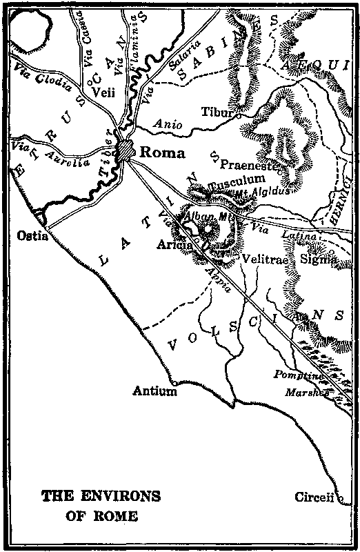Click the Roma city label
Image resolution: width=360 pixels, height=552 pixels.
click(x=162, y=153)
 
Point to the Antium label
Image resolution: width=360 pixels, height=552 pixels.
click(x=155, y=391)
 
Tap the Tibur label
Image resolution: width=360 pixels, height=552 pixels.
click(x=215, y=112)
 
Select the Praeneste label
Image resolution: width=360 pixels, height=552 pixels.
click(x=248, y=165)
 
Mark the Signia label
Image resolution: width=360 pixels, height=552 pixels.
click(x=319, y=259)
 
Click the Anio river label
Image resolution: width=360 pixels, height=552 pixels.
click(x=168, y=125)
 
